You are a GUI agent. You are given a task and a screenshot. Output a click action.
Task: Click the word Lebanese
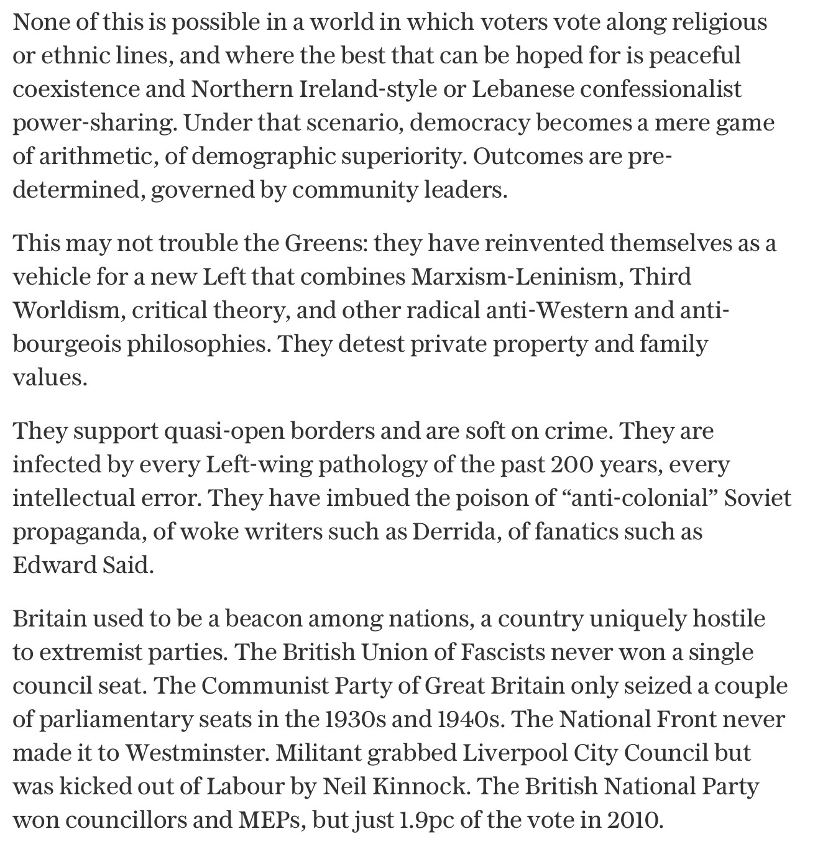coord(523,89)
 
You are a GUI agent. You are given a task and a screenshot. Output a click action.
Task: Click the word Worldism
coord(69,310)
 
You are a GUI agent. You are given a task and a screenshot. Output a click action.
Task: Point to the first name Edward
coord(52,565)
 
